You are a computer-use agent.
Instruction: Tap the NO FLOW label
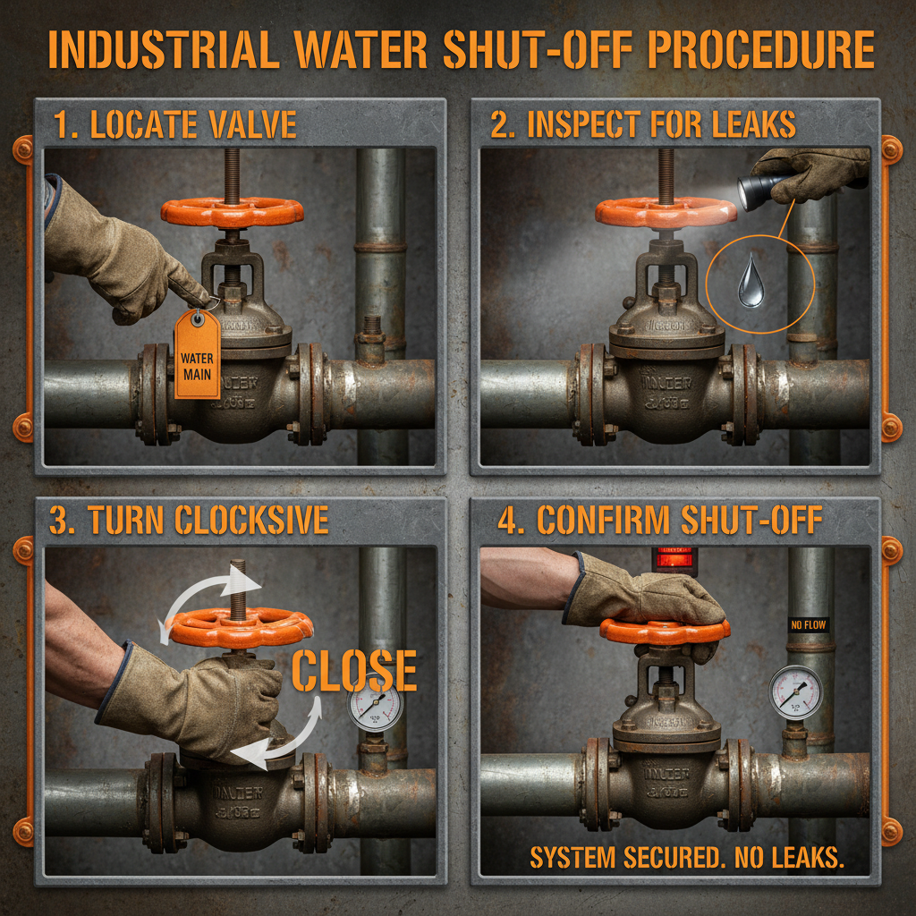click(808, 624)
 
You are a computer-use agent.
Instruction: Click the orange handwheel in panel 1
click(232, 211)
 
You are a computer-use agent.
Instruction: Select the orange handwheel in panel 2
click(666, 211)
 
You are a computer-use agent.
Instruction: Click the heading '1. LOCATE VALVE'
click(174, 125)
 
